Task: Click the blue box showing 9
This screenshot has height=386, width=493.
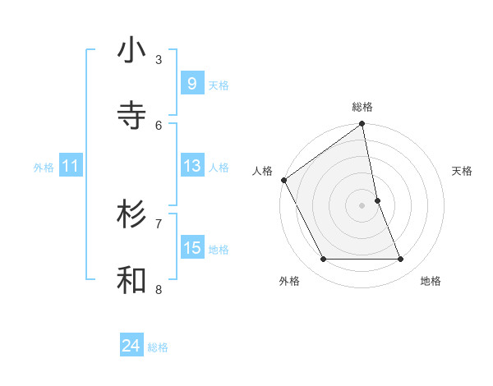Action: [191, 84]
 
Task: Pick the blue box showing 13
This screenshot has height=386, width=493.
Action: [191, 166]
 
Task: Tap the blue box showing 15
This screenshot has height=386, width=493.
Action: [191, 248]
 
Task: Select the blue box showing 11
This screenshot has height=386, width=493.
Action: [70, 166]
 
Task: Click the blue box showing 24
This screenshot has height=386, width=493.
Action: [131, 347]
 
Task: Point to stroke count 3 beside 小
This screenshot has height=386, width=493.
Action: [159, 59]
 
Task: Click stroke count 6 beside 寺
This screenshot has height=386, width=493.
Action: [159, 125]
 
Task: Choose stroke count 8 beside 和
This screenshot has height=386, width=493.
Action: [159, 289]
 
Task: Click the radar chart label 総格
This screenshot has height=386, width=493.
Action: [362, 107]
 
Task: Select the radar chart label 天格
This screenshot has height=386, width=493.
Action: [463, 171]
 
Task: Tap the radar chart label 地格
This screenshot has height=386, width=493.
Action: [431, 281]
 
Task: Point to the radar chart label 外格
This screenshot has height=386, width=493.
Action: [289, 281]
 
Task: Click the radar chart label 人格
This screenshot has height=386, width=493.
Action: [262, 171]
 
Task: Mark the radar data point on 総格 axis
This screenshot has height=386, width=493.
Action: [362, 125]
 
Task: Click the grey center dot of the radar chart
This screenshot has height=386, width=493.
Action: [362, 204]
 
